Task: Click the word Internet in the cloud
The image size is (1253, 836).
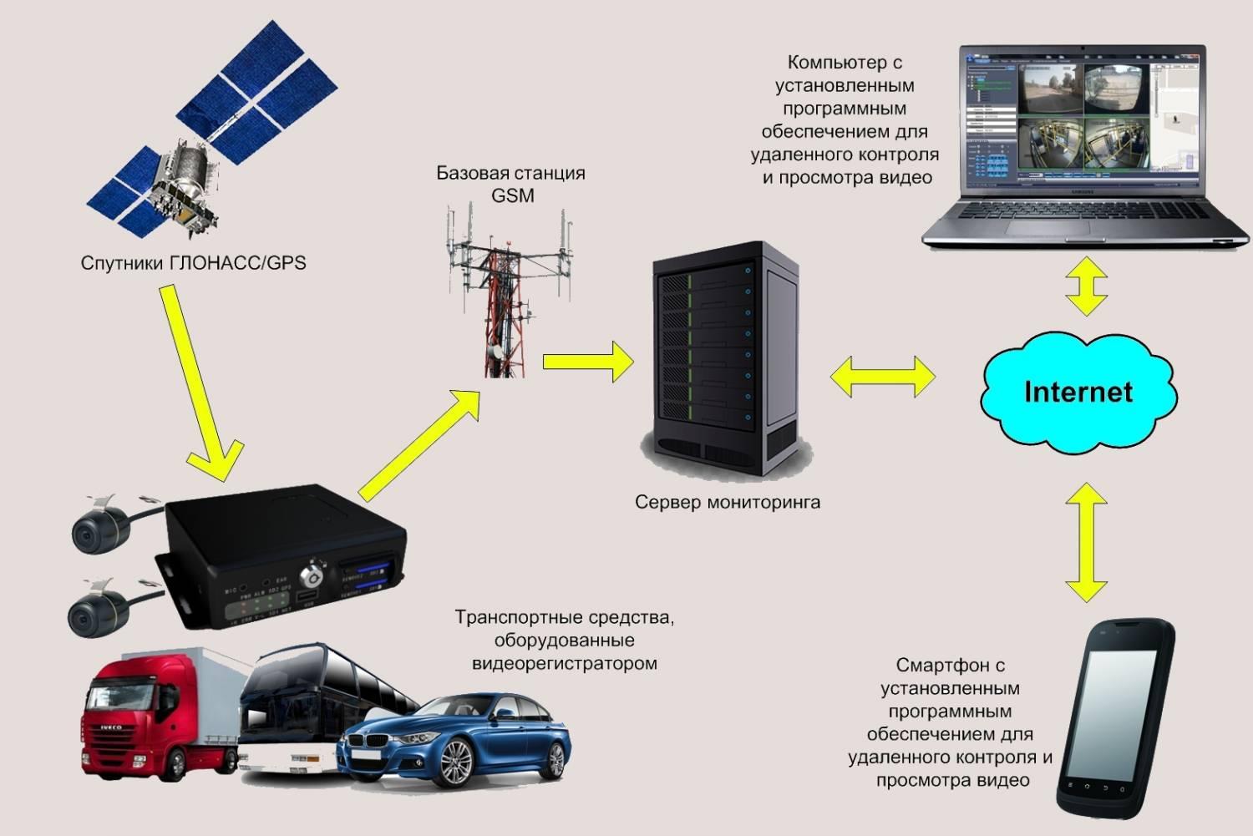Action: [x=1078, y=392]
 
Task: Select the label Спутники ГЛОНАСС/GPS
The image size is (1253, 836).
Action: [x=193, y=263]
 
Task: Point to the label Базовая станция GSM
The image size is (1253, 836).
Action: [x=510, y=185]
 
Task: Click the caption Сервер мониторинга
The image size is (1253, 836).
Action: [x=727, y=503]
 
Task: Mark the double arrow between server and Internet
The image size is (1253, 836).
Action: [x=883, y=377]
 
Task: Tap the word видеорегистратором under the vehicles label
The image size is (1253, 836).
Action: [x=565, y=664]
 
